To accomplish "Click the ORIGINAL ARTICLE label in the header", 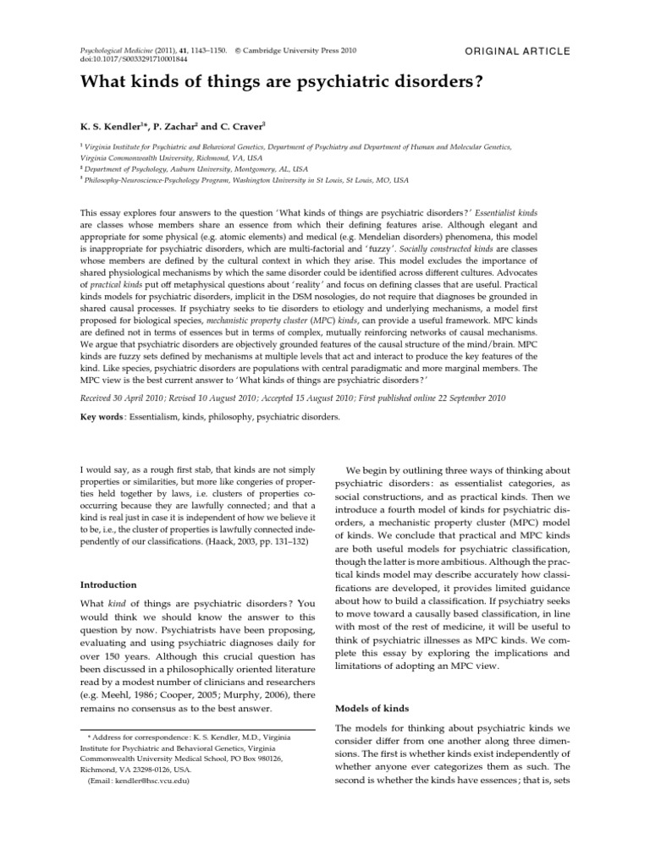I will [x=518, y=52].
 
